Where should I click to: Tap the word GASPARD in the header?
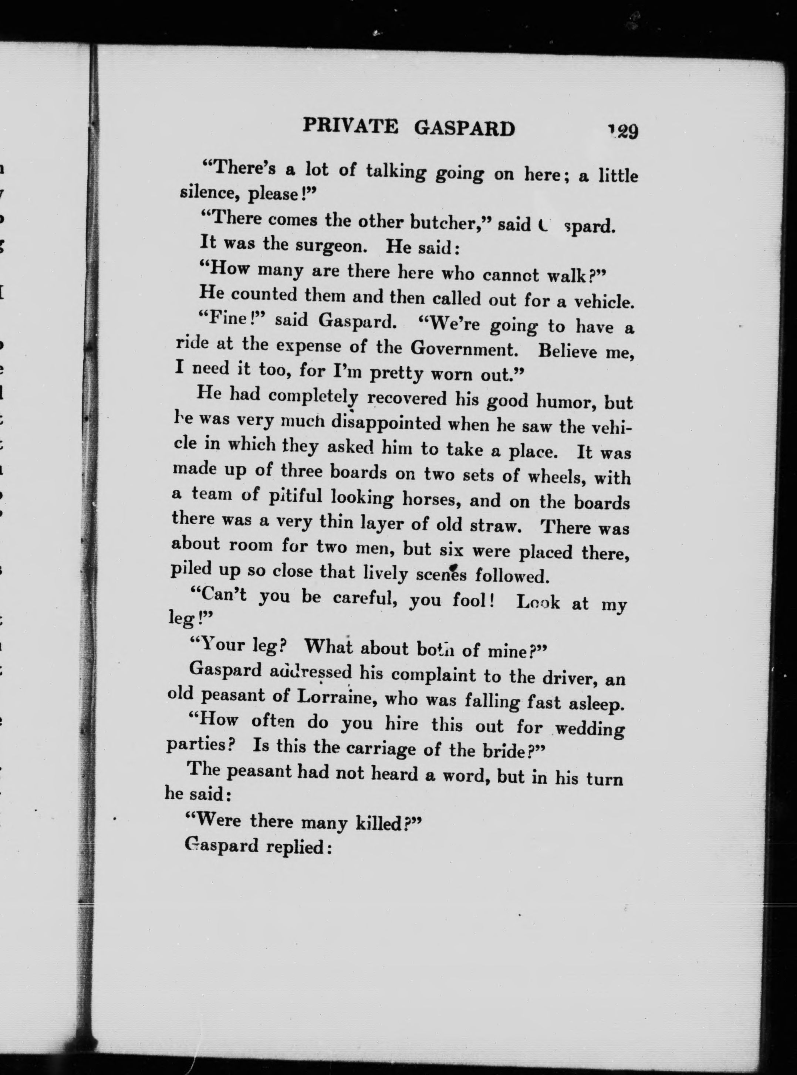point(465,129)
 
